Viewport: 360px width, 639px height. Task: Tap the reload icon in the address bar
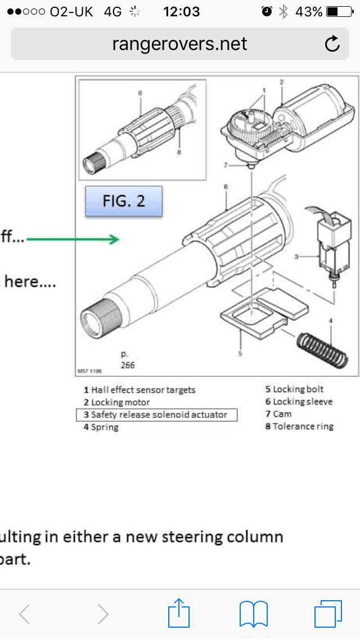tap(332, 44)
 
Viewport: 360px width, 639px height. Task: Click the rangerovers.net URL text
tap(180, 44)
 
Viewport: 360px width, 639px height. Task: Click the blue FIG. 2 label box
tap(123, 201)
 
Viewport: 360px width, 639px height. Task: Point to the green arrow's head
tap(115, 240)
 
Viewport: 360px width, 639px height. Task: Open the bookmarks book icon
tap(254, 613)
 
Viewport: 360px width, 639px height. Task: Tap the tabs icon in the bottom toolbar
tap(328, 613)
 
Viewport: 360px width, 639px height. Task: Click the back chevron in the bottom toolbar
tap(25, 614)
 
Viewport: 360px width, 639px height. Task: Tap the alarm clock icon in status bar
tap(267, 11)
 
